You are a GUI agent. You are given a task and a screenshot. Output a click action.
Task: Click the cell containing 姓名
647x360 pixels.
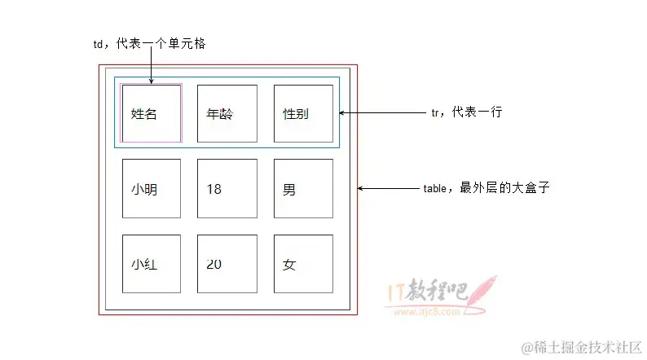152,114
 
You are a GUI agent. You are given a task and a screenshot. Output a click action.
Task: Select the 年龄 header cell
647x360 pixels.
227,114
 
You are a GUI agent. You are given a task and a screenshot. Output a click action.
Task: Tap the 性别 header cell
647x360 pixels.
303,114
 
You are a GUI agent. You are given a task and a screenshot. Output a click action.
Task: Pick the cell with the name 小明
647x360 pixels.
152,189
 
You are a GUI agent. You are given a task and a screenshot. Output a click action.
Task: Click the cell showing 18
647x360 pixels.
227,189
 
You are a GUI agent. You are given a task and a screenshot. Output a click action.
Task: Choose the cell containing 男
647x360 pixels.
303,189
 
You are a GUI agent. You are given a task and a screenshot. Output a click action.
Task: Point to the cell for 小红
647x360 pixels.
152,264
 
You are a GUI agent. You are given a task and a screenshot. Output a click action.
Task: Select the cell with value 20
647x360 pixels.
227,264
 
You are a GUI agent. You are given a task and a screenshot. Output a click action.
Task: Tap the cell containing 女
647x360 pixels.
303,264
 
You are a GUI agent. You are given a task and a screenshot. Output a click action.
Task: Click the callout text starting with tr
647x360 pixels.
466,112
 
